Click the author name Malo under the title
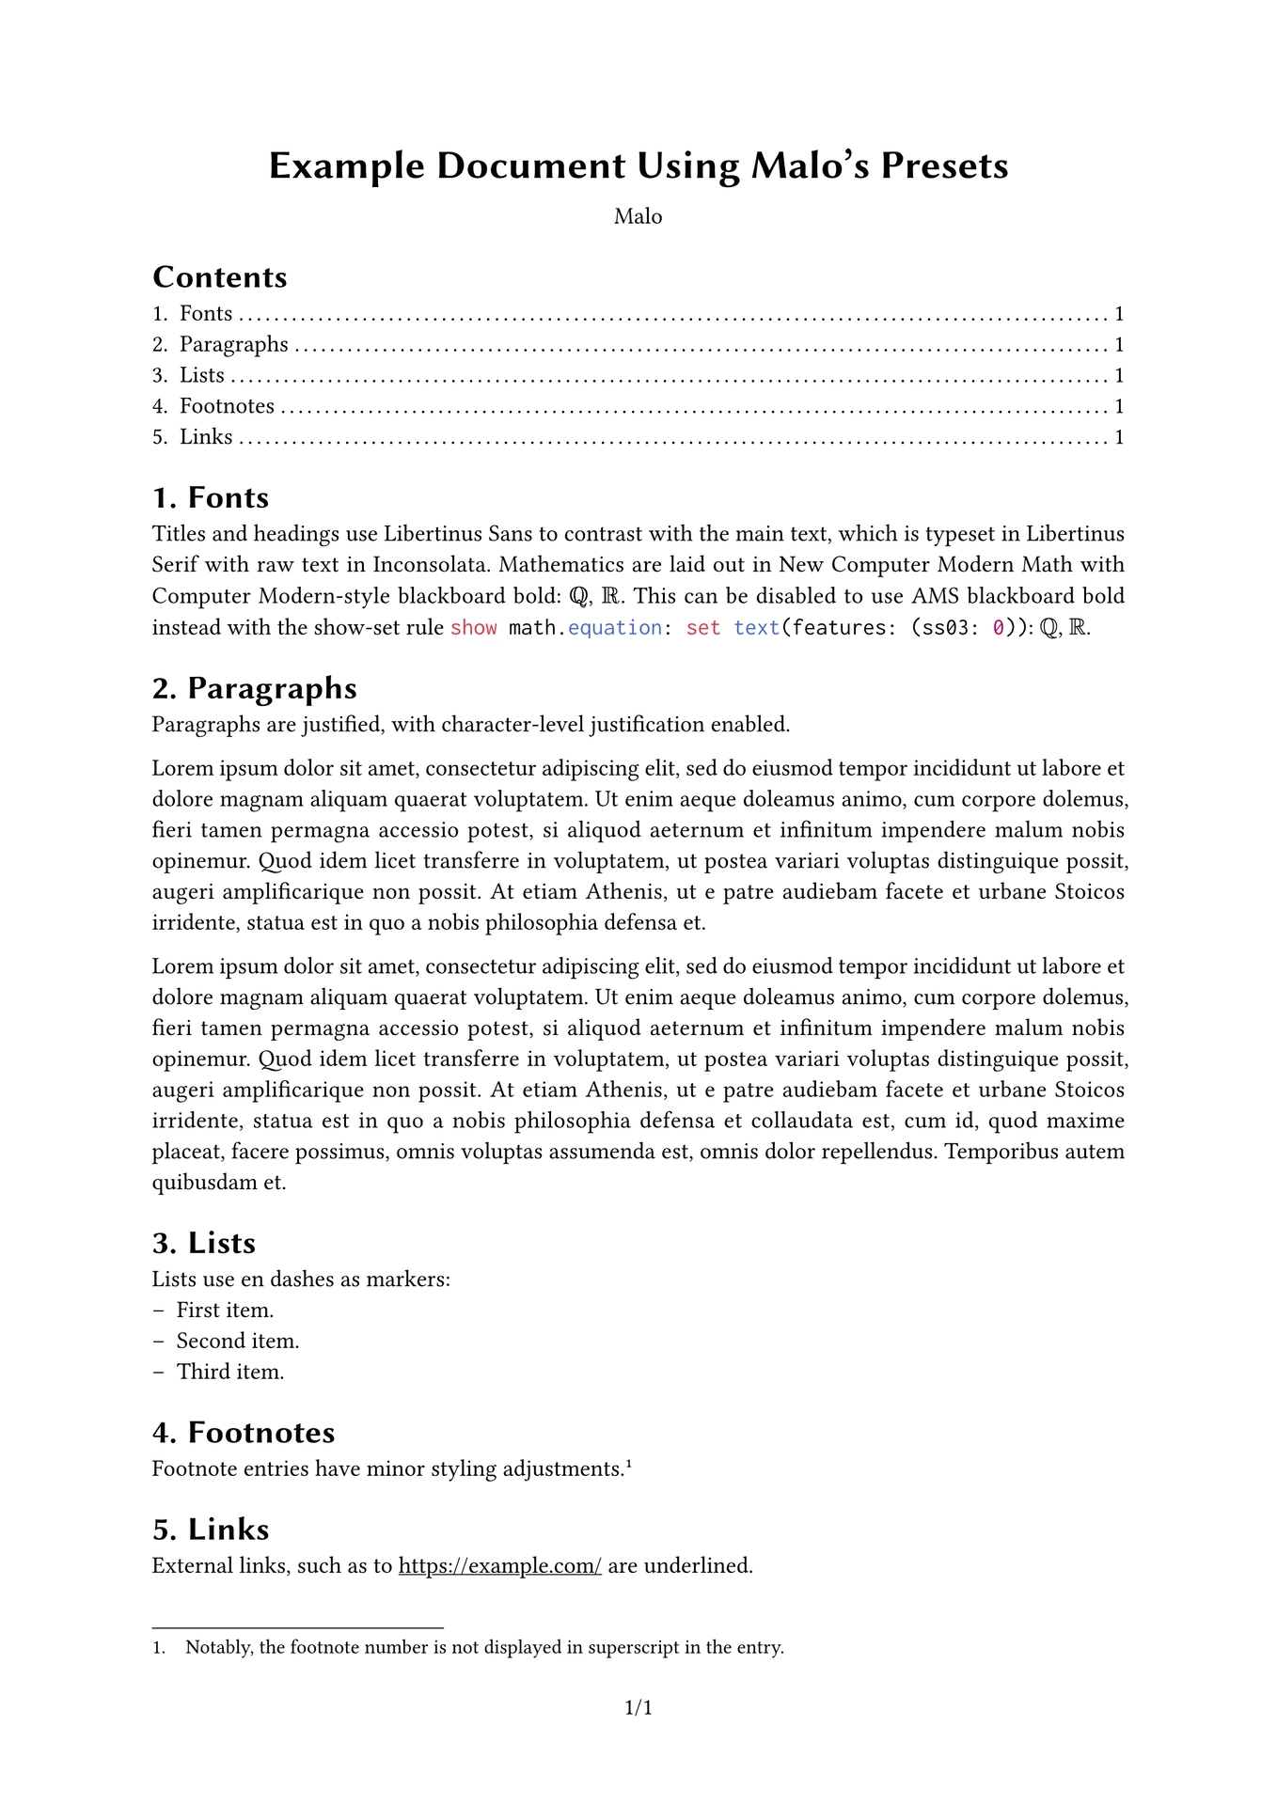point(638,217)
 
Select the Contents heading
point(220,277)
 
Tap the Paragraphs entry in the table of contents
point(233,345)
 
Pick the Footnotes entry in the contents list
point(227,407)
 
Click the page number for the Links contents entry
point(1119,437)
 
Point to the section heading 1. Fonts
point(211,498)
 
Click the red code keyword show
point(474,628)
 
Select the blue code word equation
point(615,628)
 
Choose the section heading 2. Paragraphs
point(255,689)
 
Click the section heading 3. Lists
point(204,1244)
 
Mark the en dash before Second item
point(158,1342)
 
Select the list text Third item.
point(230,1373)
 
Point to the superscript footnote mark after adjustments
point(628,1463)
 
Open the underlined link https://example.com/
point(500,1566)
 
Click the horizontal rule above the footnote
point(297,1627)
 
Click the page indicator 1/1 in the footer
point(638,1707)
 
